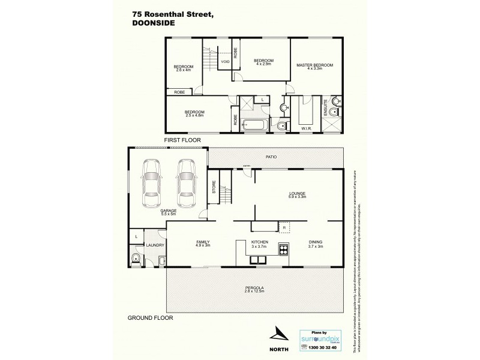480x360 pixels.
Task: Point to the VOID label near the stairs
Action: (x=225, y=61)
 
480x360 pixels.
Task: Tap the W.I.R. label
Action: (x=305, y=127)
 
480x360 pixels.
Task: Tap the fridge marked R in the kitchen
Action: (x=283, y=227)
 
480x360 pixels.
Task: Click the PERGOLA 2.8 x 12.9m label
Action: (x=255, y=291)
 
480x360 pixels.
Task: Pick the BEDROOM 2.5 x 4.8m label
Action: (x=194, y=114)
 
